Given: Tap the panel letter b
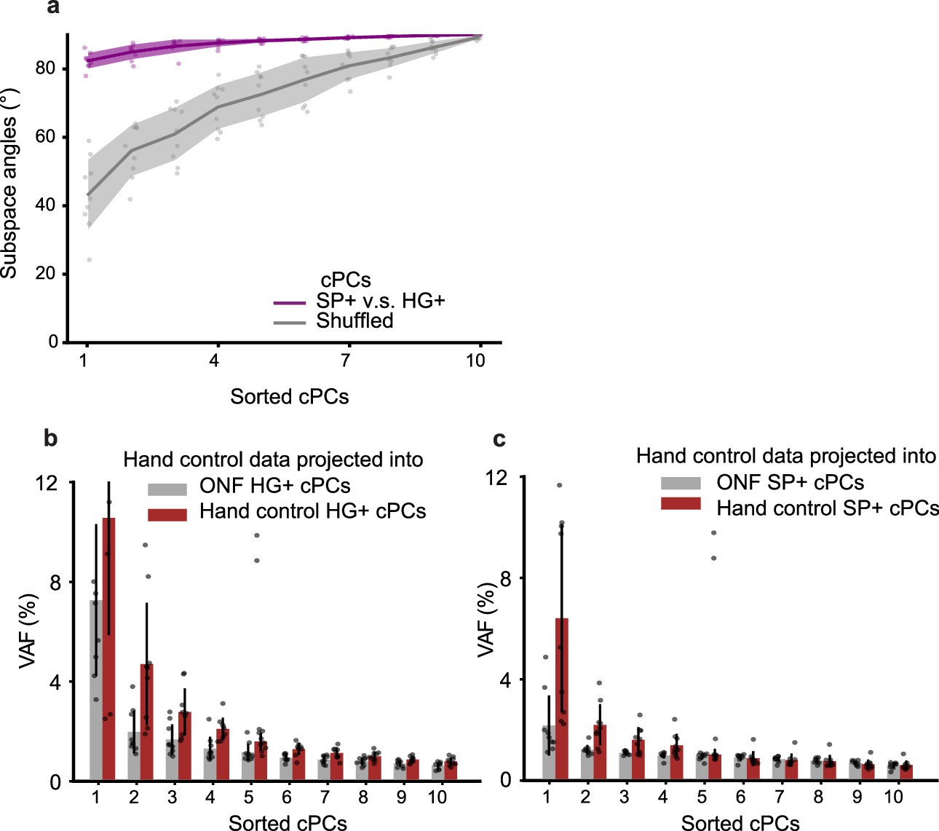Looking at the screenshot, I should click(x=51, y=438).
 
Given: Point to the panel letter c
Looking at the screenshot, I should click(x=499, y=439).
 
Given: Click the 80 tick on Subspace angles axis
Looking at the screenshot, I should click(x=45, y=69).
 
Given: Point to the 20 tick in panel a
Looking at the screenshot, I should click(x=45, y=274).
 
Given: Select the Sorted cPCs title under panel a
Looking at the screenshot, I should click(x=289, y=397).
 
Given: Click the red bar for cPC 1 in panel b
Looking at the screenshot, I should click(x=108, y=648).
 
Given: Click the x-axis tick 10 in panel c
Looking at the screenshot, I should click(x=892, y=797).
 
